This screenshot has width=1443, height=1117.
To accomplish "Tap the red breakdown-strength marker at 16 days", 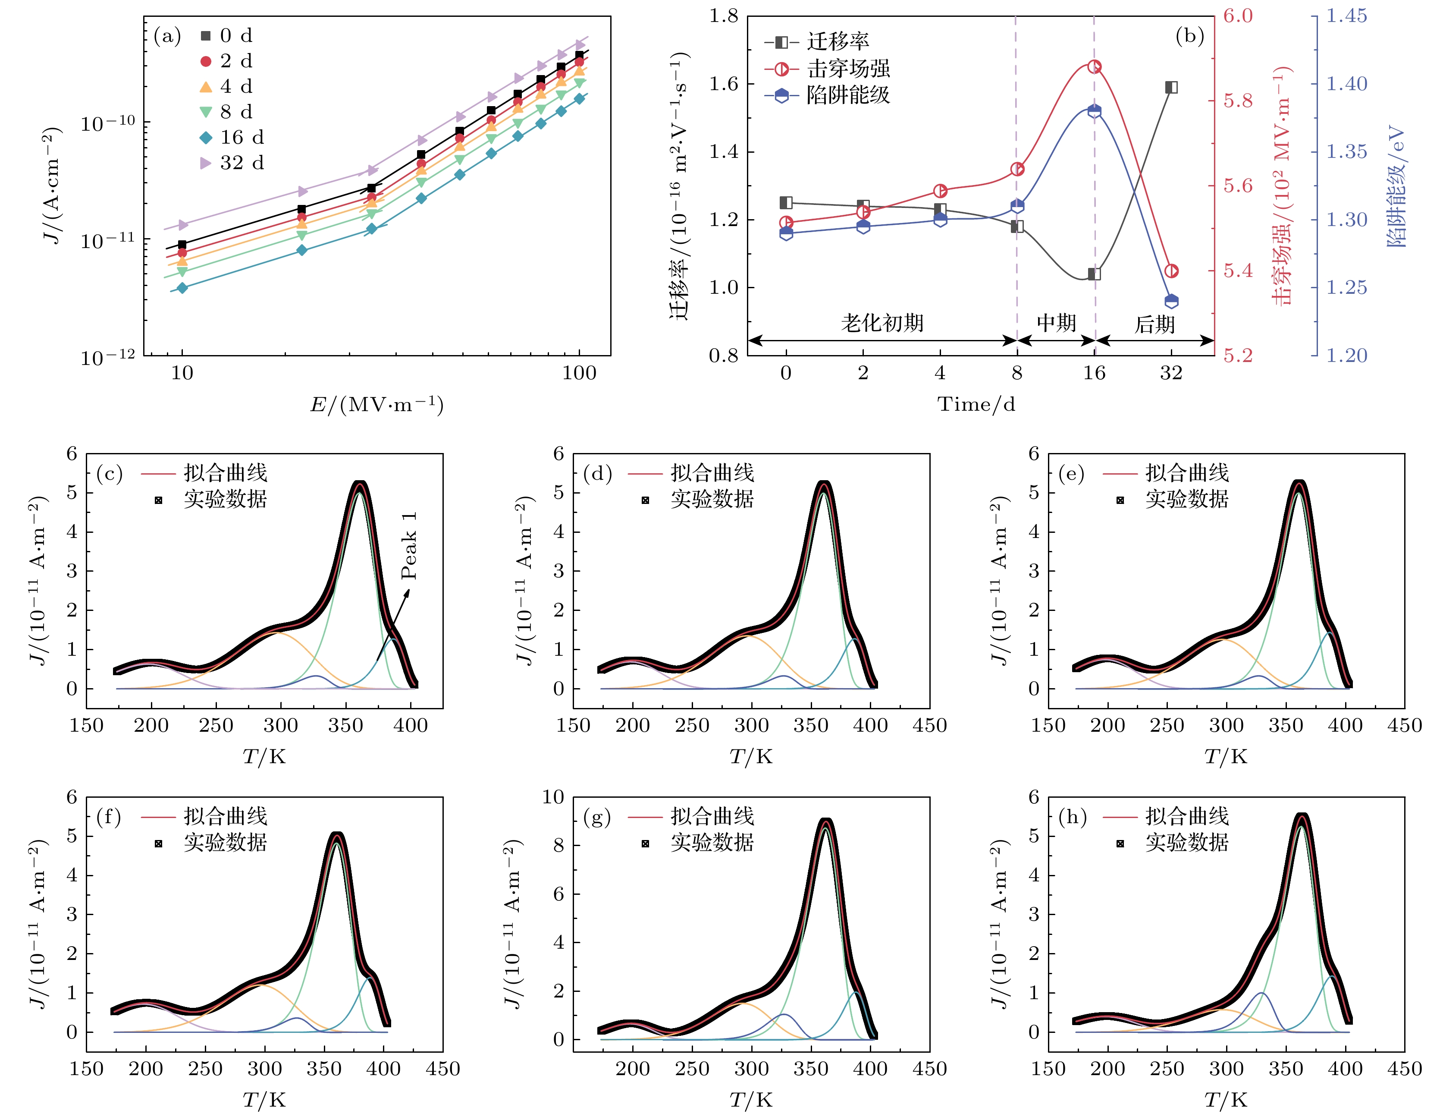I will pos(1094,67).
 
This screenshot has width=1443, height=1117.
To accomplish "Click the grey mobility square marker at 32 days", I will pos(1171,87).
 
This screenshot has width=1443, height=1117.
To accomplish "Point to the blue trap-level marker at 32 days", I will pos(1171,302).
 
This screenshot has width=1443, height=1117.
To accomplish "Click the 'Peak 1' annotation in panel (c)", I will pos(409,545).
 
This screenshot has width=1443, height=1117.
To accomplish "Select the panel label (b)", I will pos(1189,36).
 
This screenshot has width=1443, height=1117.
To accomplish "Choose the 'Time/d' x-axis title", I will pos(976,404).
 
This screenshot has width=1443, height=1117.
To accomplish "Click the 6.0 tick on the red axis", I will pos(1238,16).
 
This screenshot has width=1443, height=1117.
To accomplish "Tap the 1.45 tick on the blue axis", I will pos(1346,16).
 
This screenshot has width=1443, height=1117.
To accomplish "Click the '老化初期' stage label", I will pos(882,323).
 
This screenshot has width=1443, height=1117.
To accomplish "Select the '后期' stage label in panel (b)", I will pos(1154,324).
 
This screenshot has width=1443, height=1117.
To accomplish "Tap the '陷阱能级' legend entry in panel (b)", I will pos(848,95).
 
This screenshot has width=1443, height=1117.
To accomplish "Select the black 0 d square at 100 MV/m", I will pos(580,56).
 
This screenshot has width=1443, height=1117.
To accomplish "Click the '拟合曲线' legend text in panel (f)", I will pos(225,816).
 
